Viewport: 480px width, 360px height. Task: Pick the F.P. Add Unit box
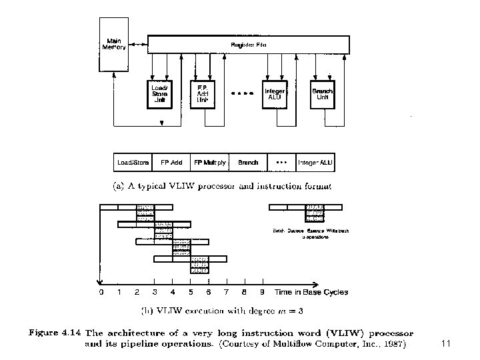[x=202, y=93]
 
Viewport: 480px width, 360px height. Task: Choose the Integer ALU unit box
[x=275, y=93]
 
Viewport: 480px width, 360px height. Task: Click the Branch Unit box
[x=323, y=93]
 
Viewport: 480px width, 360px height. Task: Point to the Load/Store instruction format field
[x=133, y=163]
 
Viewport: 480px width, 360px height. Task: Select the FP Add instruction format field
[x=172, y=163]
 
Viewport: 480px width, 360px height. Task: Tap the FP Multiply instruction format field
[x=210, y=163]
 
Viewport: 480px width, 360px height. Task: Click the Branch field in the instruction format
[x=248, y=163]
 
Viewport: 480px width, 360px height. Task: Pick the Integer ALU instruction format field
[x=315, y=163]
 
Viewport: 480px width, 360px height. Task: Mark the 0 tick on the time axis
[x=101, y=292]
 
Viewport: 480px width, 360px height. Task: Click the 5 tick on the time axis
[x=191, y=292]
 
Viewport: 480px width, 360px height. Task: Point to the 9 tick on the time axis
[x=263, y=292]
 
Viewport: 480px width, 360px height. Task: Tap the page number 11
[x=447, y=343]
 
